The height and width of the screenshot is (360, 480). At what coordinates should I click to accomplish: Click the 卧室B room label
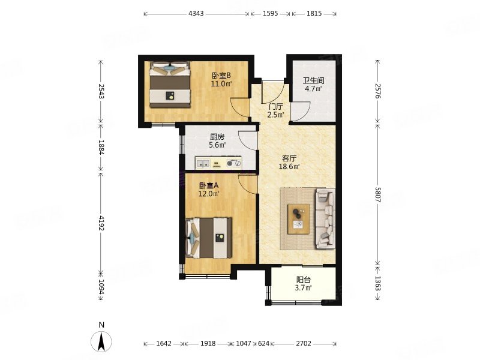click(x=221, y=76)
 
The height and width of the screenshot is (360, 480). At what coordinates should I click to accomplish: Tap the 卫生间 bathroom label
click(x=313, y=81)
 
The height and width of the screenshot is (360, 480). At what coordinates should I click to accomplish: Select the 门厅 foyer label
click(x=275, y=107)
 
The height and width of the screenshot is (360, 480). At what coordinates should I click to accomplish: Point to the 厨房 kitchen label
click(x=217, y=137)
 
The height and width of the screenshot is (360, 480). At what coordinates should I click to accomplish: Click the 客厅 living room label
click(x=289, y=158)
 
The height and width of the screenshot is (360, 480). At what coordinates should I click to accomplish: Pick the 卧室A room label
click(x=209, y=185)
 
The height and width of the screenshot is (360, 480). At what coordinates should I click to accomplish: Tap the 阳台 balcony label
click(x=304, y=280)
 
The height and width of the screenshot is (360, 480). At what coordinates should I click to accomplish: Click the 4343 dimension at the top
click(x=196, y=13)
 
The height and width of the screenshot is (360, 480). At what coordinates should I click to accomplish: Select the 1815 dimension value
click(x=314, y=13)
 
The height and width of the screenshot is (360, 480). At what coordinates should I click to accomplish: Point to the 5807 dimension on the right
click(x=377, y=194)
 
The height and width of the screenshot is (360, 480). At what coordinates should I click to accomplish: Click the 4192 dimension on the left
click(x=101, y=223)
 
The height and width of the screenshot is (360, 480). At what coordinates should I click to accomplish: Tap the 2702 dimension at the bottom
click(x=304, y=343)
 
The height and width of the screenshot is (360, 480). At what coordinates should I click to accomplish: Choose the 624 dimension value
click(x=263, y=343)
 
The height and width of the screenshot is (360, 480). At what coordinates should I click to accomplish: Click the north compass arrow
click(x=101, y=341)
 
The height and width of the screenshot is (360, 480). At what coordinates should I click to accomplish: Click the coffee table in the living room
click(x=298, y=219)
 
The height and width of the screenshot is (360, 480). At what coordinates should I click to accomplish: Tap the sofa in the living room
click(x=325, y=218)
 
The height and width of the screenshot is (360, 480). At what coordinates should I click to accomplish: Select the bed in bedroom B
click(x=170, y=85)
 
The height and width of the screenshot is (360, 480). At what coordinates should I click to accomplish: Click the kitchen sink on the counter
click(x=203, y=164)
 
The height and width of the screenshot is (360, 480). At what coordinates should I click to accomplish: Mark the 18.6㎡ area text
click(x=289, y=167)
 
